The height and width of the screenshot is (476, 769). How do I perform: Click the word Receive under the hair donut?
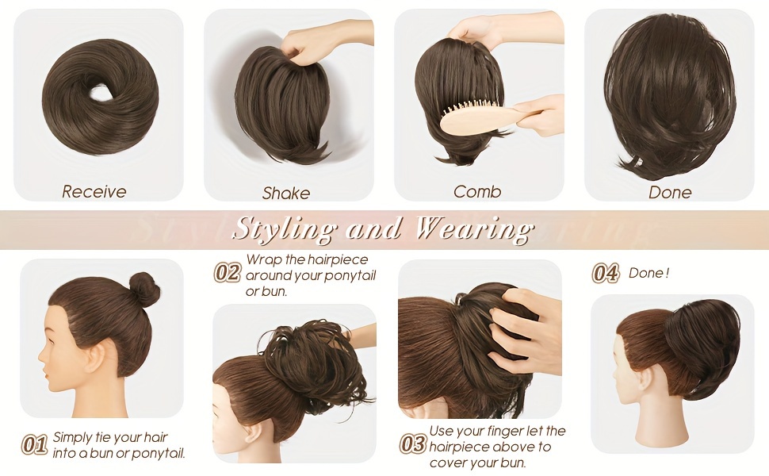[94, 191]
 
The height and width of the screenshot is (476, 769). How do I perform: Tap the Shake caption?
[286, 193]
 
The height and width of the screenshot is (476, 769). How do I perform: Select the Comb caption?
[477, 191]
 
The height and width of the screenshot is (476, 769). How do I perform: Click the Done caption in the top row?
[670, 192]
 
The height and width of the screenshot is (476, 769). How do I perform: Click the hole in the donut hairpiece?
[100, 92]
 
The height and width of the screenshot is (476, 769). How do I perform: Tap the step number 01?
[34, 444]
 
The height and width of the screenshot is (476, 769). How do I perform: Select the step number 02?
[228, 273]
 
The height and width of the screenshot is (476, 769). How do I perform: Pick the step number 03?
[412, 444]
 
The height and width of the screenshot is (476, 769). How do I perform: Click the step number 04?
[606, 274]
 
